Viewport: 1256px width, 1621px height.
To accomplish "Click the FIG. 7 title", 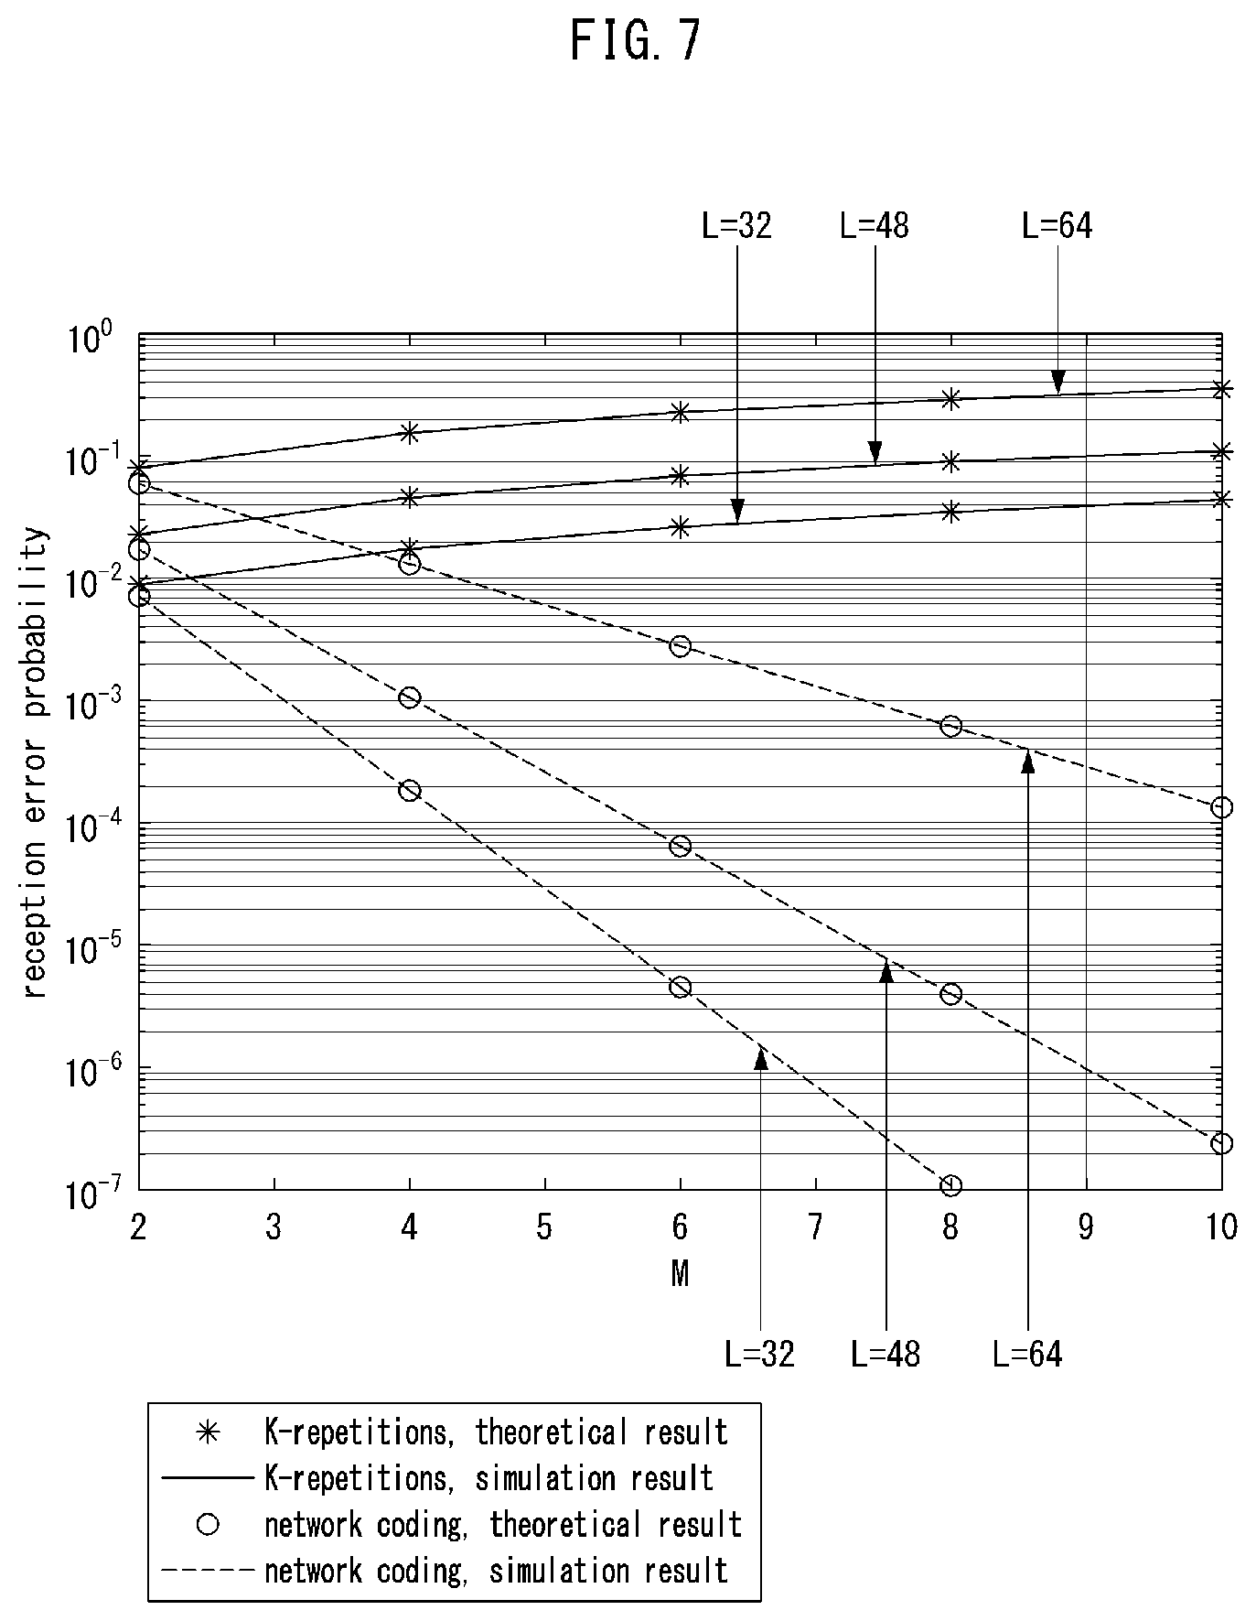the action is pyautogui.click(x=636, y=41).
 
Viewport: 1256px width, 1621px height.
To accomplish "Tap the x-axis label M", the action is pyautogui.click(x=679, y=1274).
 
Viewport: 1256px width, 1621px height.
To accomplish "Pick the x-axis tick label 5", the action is pyautogui.click(x=544, y=1227).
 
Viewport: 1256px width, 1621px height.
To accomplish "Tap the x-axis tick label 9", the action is pyautogui.click(x=1086, y=1227).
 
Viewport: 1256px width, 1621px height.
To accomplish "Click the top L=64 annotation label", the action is pyautogui.click(x=1057, y=225).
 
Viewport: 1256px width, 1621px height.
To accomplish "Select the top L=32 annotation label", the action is pyautogui.click(x=736, y=225).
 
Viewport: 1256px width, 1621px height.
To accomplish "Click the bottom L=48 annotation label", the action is pyautogui.click(x=886, y=1354).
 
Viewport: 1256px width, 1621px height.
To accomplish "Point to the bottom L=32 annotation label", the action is pyautogui.click(x=760, y=1354).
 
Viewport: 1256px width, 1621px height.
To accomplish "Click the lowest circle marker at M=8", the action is pyautogui.click(x=950, y=1186).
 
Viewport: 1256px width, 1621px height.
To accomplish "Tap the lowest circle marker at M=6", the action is pyautogui.click(x=680, y=987).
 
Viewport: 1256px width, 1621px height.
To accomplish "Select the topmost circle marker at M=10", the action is pyautogui.click(x=1221, y=807).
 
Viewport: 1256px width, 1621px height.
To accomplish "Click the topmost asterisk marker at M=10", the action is pyautogui.click(x=1221, y=388).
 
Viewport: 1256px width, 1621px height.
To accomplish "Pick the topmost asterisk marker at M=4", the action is pyautogui.click(x=409, y=432).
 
